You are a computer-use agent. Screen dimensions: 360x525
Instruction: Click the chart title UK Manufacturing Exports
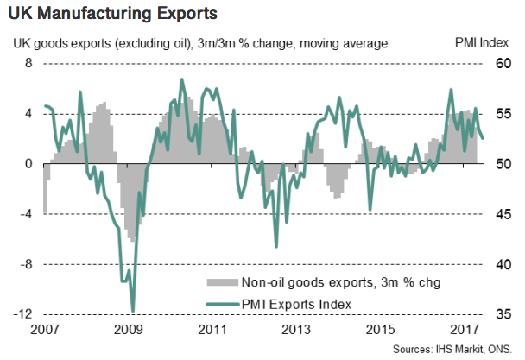tap(113, 15)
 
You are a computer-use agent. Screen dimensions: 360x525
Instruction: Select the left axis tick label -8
tap(26, 263)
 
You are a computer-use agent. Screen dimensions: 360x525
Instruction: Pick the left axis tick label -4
tap(26, 214)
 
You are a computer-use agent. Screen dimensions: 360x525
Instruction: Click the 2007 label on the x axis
tap(44, 331)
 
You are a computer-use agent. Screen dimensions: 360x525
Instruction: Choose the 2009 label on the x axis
tap(128, 331)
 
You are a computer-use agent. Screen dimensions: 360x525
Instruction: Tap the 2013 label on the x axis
tap(296, 331)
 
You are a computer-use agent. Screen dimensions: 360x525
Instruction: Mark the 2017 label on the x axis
tap(465, 331)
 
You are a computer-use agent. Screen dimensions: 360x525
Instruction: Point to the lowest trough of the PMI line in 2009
tap(133, 311)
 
